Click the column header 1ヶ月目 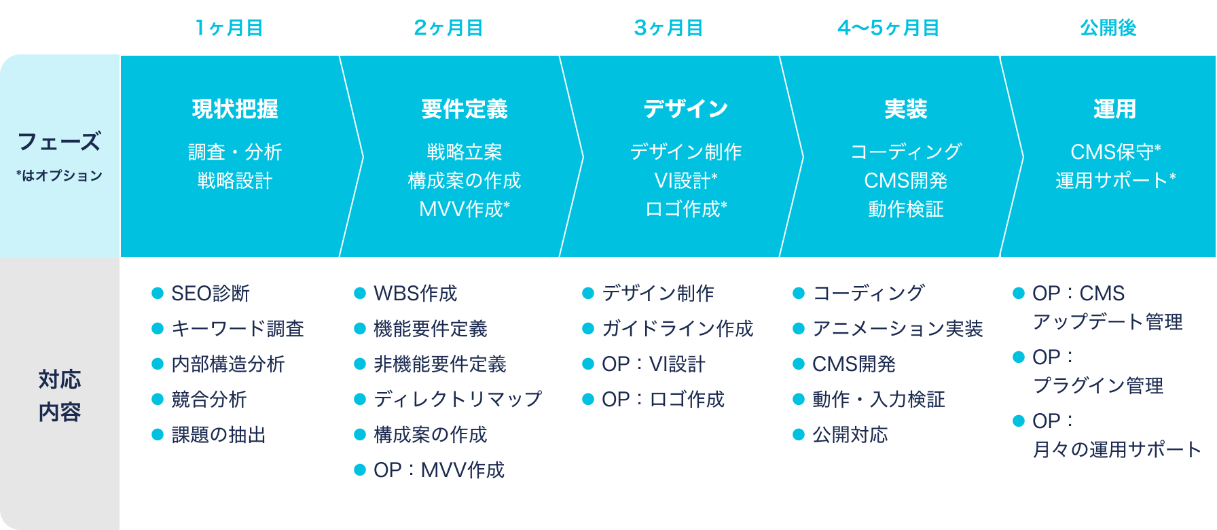pos(229,28)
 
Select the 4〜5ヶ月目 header pos(888,28)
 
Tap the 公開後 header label pos(1108,28)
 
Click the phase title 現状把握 pos(235,109)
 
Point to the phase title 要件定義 pos(465,109)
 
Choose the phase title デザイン pos(685,109)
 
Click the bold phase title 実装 pos(906,109)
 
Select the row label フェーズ pos(59,141)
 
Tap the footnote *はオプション pos(59,175)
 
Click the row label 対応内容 pos(60,395)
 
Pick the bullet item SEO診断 pos(211,294)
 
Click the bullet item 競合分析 pos(209,400)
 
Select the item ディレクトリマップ pos(458,400)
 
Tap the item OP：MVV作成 pos(439,470)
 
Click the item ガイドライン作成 pos(677,329)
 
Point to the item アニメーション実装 pos(897,329)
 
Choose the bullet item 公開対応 pos(850,435)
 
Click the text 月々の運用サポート pos(1117,450)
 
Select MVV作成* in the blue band pos(465,209)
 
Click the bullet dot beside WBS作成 pos(360,294)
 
